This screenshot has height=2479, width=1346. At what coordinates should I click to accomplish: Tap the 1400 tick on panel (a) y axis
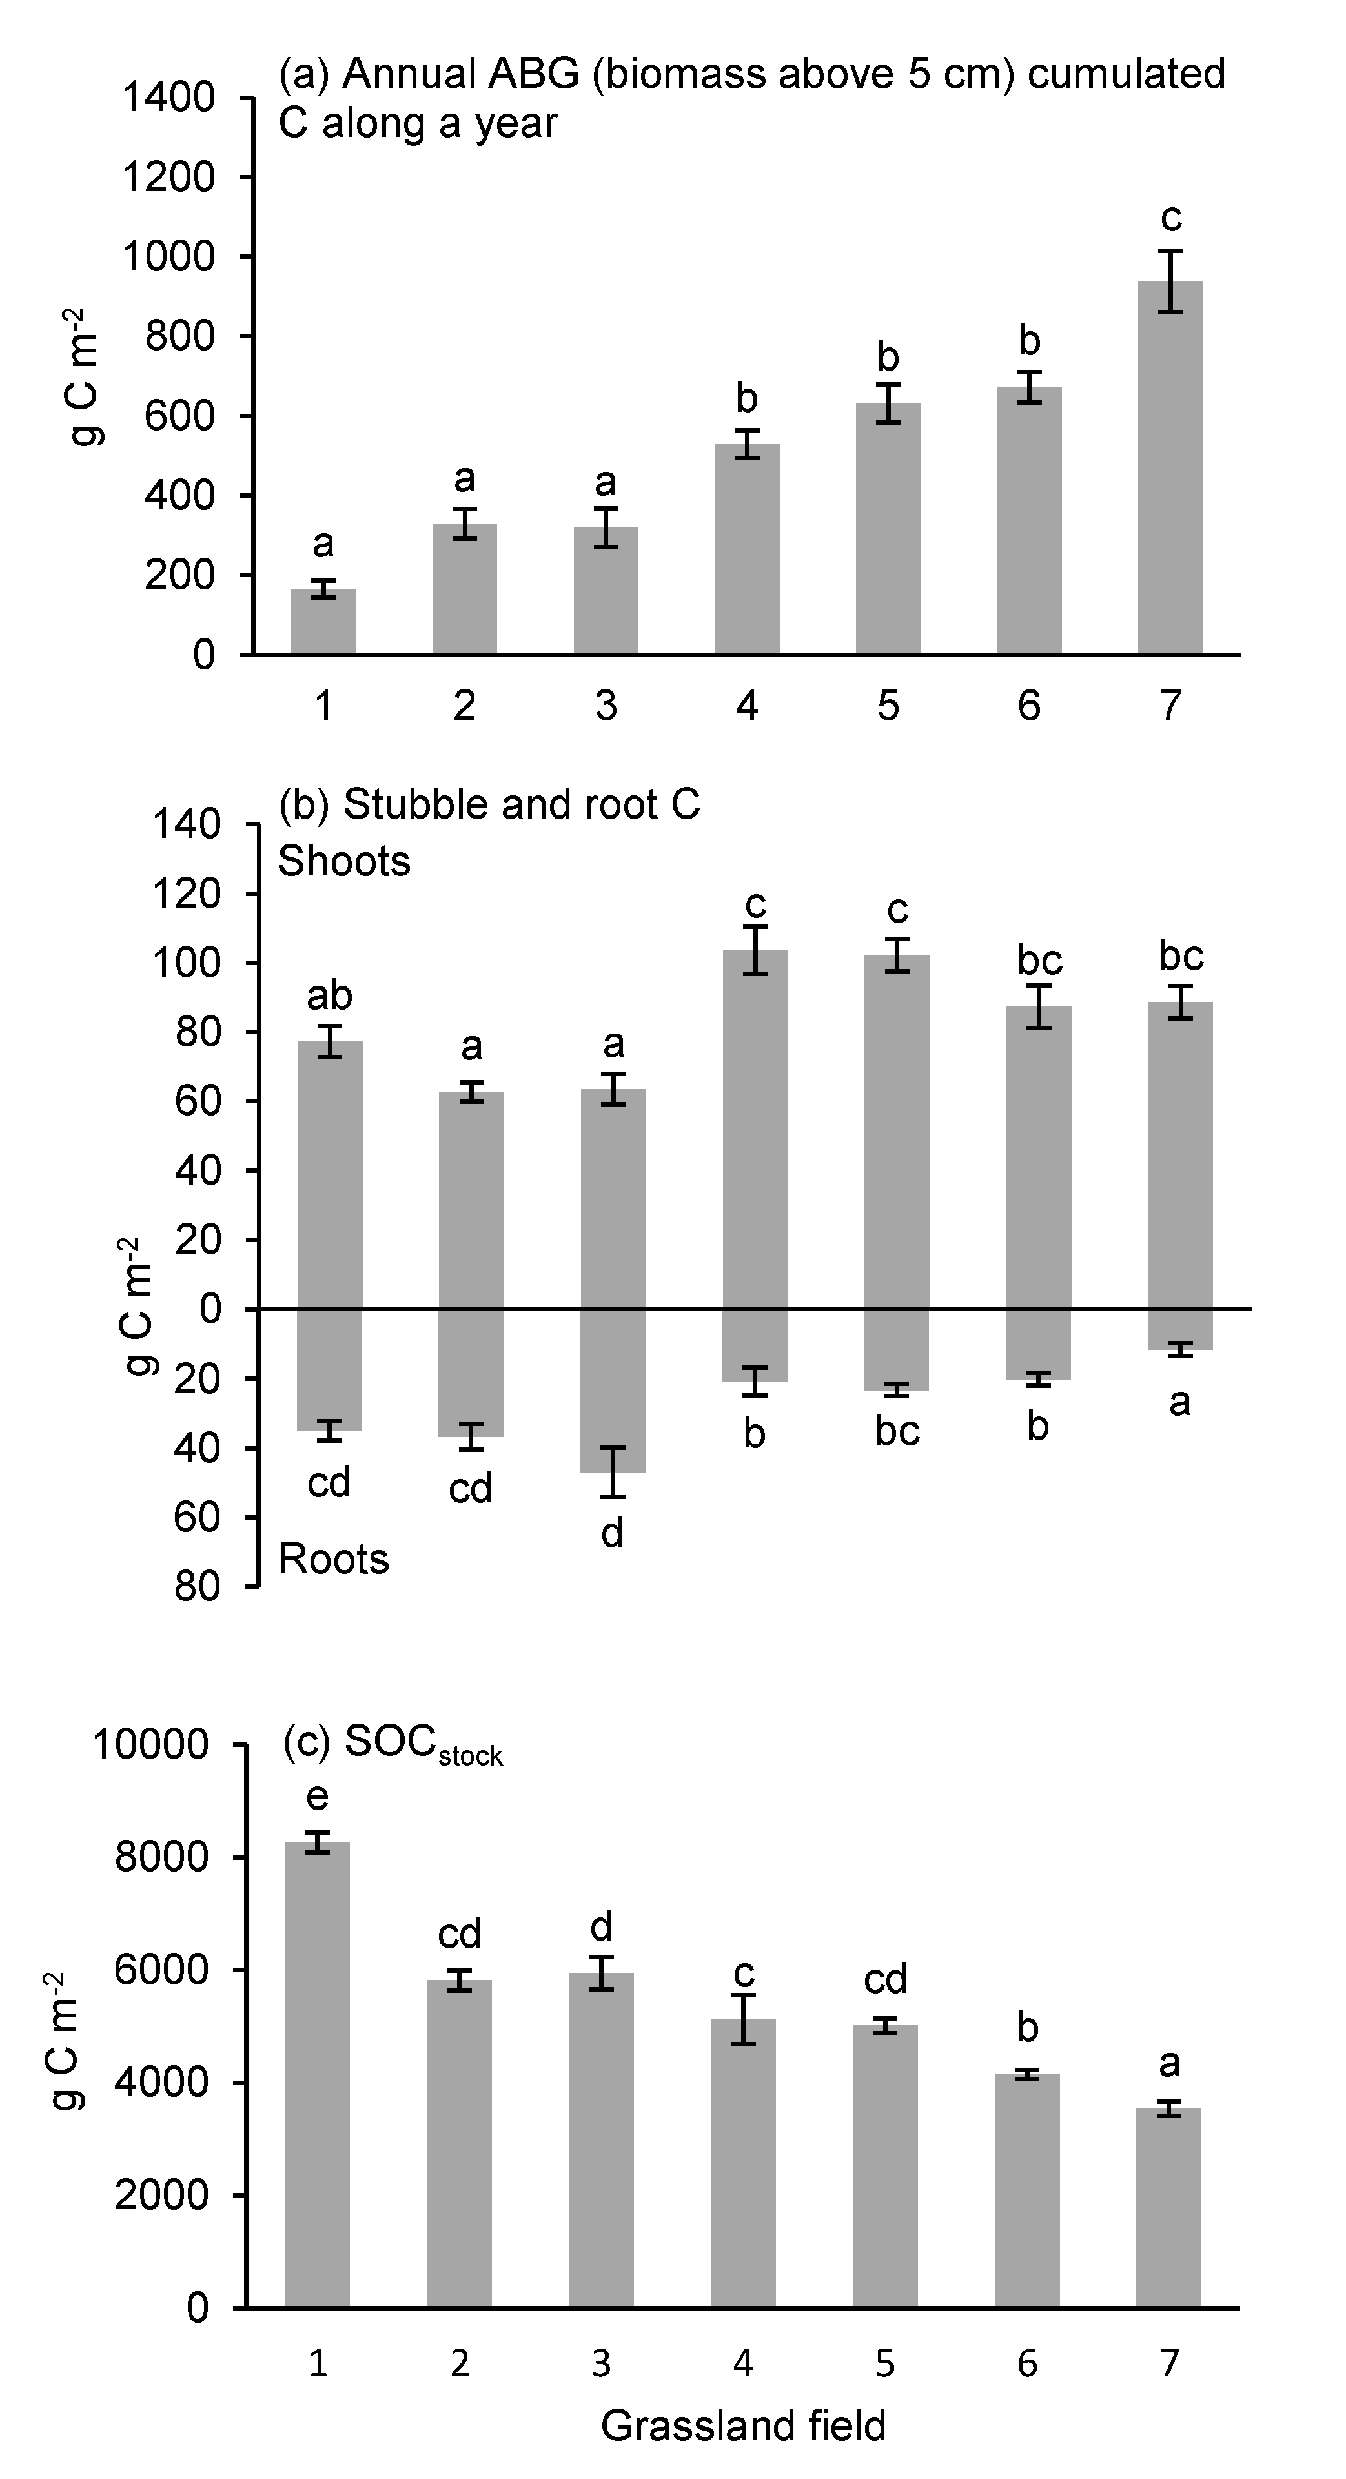(x=168, y=98)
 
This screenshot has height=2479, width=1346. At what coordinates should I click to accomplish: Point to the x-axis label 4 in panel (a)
(x=747, y=706)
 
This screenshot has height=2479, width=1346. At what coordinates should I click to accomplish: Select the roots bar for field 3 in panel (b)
(x=613, y=1390)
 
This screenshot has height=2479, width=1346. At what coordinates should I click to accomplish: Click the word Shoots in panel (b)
(x=343, y=861)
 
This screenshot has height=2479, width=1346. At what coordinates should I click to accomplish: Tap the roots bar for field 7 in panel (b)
(x=1179, y=1329)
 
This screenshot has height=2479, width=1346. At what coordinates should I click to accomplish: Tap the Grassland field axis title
(x=743, y=2426)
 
